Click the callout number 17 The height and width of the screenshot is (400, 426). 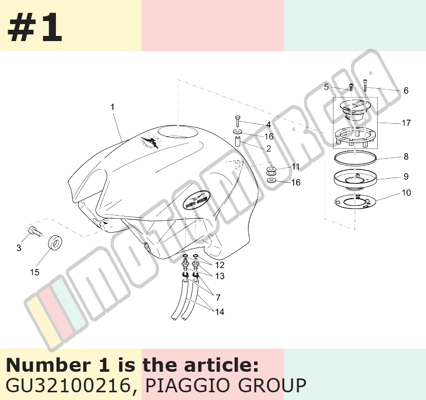pos(406,123)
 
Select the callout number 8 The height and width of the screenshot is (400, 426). pos(406,157)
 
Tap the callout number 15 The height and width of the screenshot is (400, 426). pos(34,272)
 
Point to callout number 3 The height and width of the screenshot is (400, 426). pos(19,248)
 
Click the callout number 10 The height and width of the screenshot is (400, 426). pos(406,193)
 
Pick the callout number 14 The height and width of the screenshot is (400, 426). pos(220,312)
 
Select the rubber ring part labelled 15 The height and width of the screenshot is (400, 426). pos(55,242)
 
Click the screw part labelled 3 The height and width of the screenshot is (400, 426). pos(35,231)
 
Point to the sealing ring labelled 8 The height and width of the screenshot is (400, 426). pos(355,158)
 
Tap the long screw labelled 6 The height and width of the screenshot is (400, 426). pos(365,85)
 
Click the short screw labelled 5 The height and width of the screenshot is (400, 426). pos(351,87)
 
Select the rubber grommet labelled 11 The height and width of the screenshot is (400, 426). pos(272,171)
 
